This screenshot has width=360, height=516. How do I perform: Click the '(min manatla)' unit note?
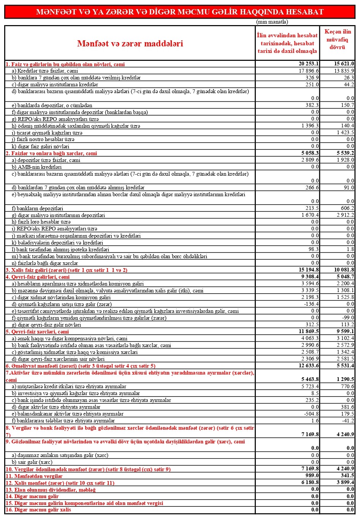pos(272,22)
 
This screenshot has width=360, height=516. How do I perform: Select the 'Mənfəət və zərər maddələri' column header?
pos(130,43)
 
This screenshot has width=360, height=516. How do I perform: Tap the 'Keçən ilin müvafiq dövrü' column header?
pos(337,40)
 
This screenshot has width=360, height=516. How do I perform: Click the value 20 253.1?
pos(309,64)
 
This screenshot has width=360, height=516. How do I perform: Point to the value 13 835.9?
pos(344,71)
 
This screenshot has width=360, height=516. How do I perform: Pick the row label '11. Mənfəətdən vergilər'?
pos(34,476)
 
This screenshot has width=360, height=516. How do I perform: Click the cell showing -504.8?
pos(311,414)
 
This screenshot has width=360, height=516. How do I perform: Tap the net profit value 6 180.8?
pos(310,483)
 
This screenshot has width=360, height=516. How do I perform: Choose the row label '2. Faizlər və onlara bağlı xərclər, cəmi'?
pos(51,153)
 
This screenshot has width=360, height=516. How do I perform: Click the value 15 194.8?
pos(309,270)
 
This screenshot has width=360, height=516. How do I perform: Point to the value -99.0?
pos(347,318)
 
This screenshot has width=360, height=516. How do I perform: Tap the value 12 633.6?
pos(309,365)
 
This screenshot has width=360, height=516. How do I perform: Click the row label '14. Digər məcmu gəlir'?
pos(32,496)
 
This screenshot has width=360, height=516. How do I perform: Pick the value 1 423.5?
pos(345,132)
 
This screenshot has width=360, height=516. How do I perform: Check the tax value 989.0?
pos(312,476)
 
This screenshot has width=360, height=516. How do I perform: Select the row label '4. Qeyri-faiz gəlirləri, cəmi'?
pos(38,277)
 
